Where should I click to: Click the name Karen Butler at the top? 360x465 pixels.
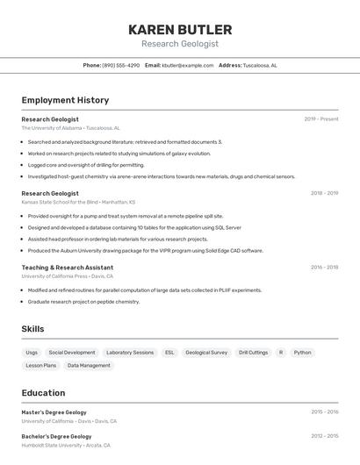tap(180, 30)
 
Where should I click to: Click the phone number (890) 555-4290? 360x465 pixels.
tap(120, 66)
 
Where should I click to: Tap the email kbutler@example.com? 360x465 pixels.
tap(188, 66)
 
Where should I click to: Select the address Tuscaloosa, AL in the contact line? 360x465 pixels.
tap(260, 66)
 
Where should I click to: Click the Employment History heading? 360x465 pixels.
tap(65, 100)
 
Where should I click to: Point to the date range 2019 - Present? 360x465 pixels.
tap(321, 119)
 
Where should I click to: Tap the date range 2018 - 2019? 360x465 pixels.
tap(324, 193)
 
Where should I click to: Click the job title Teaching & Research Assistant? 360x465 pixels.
tap(67, 268)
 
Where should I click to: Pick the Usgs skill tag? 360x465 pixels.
tap(32, 353)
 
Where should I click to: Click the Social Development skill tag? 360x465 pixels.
tap(72, 353)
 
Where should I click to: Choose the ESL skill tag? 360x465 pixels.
tap(169, 353)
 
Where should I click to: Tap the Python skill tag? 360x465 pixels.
tap(302, 353)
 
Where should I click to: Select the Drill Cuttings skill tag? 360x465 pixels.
tap(253, 353)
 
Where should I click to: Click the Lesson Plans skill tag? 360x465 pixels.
tap(40, 366)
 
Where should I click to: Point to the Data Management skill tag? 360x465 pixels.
tap(89, 366)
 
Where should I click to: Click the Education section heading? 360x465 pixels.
tap(43, 393)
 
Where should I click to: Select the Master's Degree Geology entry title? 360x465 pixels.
tap(54, 412)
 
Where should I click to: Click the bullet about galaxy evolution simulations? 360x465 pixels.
tap(119, 154)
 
